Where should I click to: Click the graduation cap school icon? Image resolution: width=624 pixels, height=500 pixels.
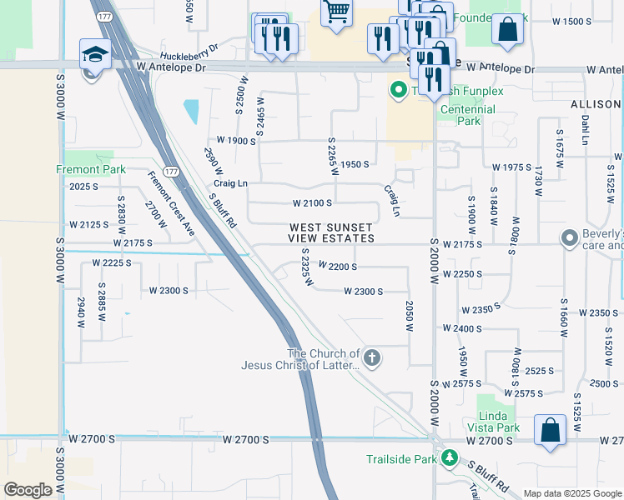click(x=95, y=54)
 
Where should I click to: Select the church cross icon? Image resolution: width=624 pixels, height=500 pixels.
click(x=372, y=358)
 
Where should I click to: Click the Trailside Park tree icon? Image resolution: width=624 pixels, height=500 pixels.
click(x=450, y=458)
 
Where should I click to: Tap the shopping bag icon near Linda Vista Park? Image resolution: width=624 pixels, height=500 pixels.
click(x=551, y=430)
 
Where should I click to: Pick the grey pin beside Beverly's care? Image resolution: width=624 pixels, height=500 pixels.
click(x=570, y=238)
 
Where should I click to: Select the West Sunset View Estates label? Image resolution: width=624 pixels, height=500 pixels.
click(x=332, y=232)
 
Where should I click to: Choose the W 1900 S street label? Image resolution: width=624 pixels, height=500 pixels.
click(x=236, y=141)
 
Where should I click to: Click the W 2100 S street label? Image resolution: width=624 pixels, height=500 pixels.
click(x=312, y=202)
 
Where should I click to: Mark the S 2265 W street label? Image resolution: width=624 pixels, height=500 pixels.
click(x=333, y=156)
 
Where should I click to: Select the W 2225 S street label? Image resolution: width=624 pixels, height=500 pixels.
click(x=112, y=262)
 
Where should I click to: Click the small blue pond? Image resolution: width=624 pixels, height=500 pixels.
click(x=191, y=111)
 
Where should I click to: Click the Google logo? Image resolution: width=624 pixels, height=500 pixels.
click(x=28, y=490)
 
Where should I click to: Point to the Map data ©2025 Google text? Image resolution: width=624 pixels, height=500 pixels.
click(x=571, y=493)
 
